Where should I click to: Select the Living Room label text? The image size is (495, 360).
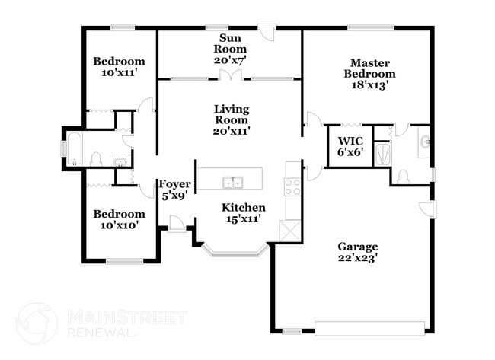pyautogui.click(x=232, y=119)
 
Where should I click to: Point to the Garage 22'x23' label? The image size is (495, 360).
pyautogui.click(x=357, y=252)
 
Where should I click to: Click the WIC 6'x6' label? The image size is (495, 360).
pyautogui.click(x=350, y=145)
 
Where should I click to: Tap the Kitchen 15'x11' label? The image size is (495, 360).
pyautogui.click(x=243, y=213)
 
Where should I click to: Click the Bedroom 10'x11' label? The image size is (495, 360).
pyautogui.click(x=119, y=67)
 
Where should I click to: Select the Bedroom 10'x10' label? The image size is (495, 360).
pyautogui.click(x=119, y=220)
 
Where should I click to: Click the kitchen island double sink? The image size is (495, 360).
pyautogui.click(x=232, y=182)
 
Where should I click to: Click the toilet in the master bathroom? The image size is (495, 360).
pyautogui.click(x=402, y=177)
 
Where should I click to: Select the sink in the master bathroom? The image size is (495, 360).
pyautogui.click(x=424, y=142)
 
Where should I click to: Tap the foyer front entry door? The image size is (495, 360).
pyautogui.click(x=175, y=222)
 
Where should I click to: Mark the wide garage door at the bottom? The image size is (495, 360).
pyautogui.click(x=369, y=329)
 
